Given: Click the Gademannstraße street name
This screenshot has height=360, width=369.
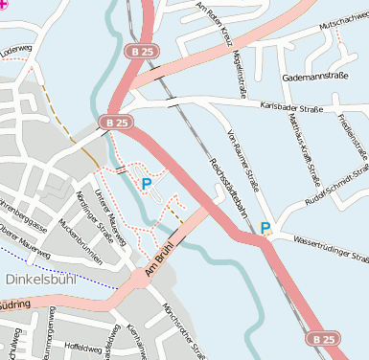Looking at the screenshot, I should pos(313,76).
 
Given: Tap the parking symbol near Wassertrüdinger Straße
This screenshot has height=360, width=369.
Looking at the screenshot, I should pos(265,229).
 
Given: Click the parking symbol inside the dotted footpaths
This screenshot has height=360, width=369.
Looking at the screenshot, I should pos(146,182).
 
